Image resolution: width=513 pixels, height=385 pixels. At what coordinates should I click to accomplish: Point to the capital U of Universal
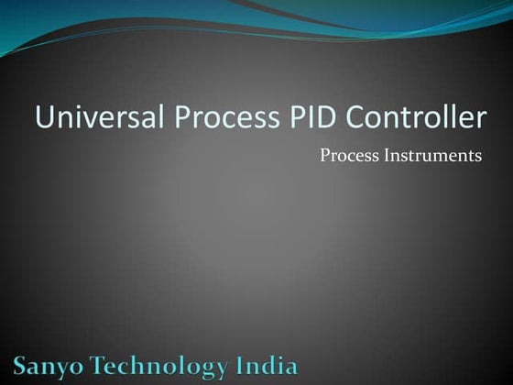[x=43, y=118]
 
